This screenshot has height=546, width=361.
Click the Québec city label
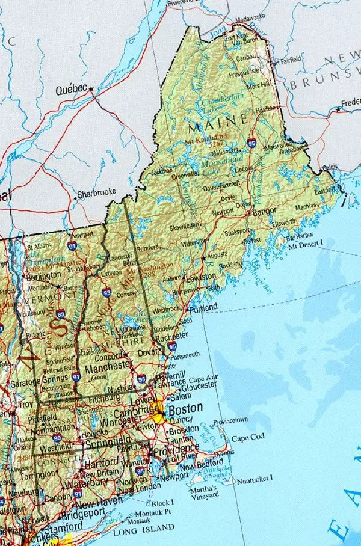(x=71, y=90)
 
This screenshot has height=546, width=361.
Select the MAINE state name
(x=217, y=127)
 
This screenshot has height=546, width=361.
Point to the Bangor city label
(x=264, y=212)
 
